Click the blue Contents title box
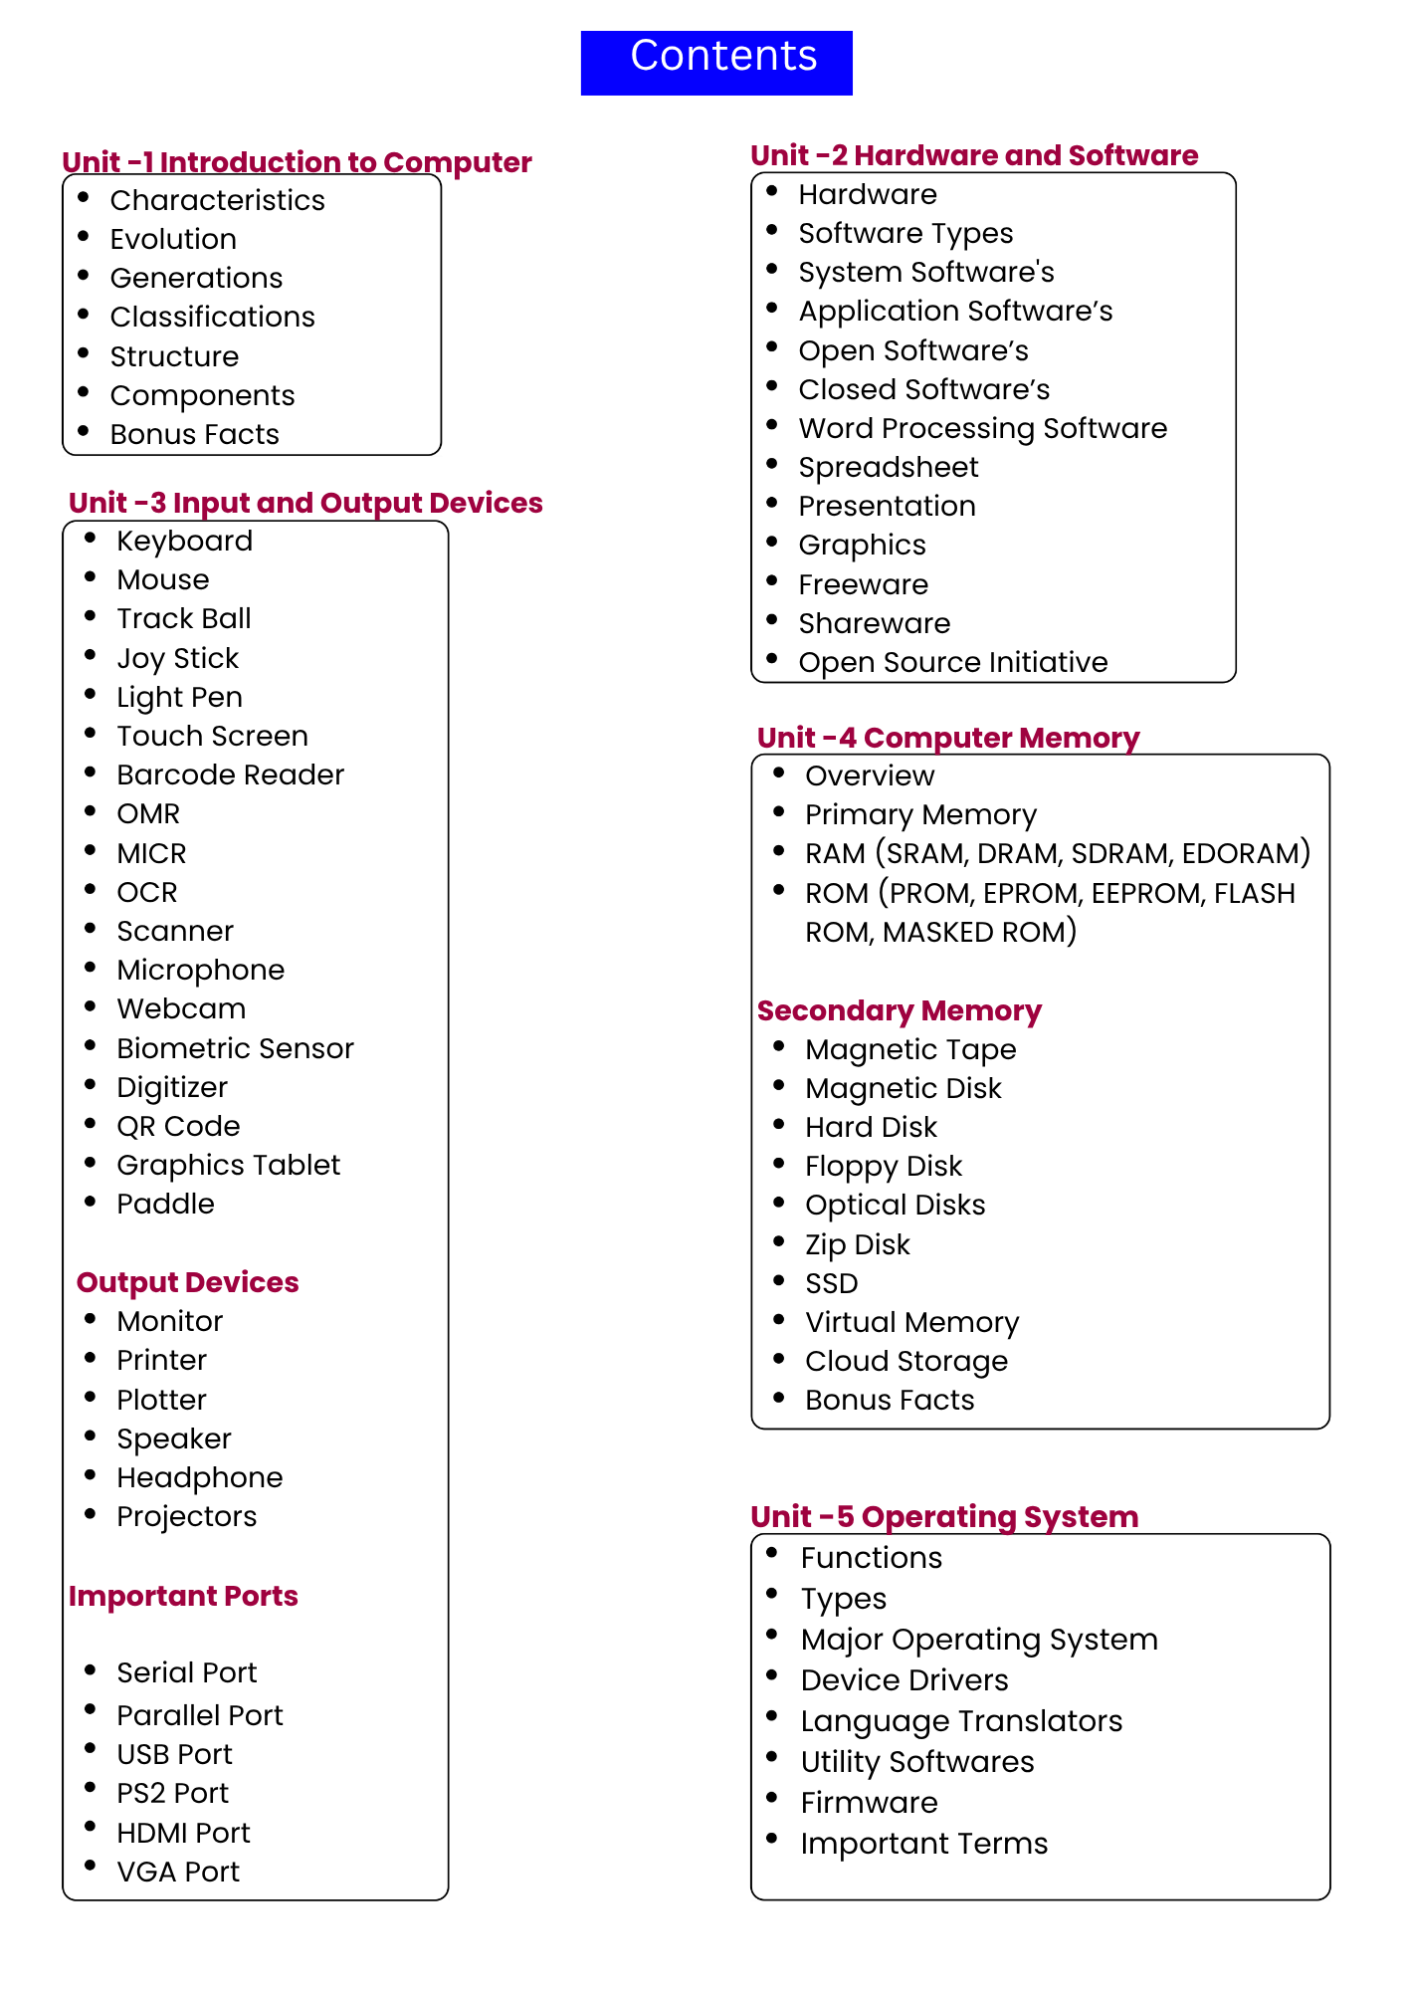coord(716,62)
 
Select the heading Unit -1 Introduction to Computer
coord(297,162)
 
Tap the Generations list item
coord(196,278)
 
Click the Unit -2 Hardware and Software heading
coord(974,155)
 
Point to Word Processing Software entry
coord(982,428)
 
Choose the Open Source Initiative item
coord(952,662)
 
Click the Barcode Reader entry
coord(230,774)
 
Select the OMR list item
coord(148,813)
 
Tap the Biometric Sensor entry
coord(235,1048)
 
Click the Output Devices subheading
coord(187,1282)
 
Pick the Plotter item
coord(161,1400)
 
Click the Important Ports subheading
coord(183,1596)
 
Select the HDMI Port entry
coord(183,1833)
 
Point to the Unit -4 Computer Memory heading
coord(947,738)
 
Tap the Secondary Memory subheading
coord(899,1010)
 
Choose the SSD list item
coord(831,1283)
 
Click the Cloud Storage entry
coord(905,1361)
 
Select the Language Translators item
coord(960,1721)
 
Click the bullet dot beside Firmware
coord(772,1798)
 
